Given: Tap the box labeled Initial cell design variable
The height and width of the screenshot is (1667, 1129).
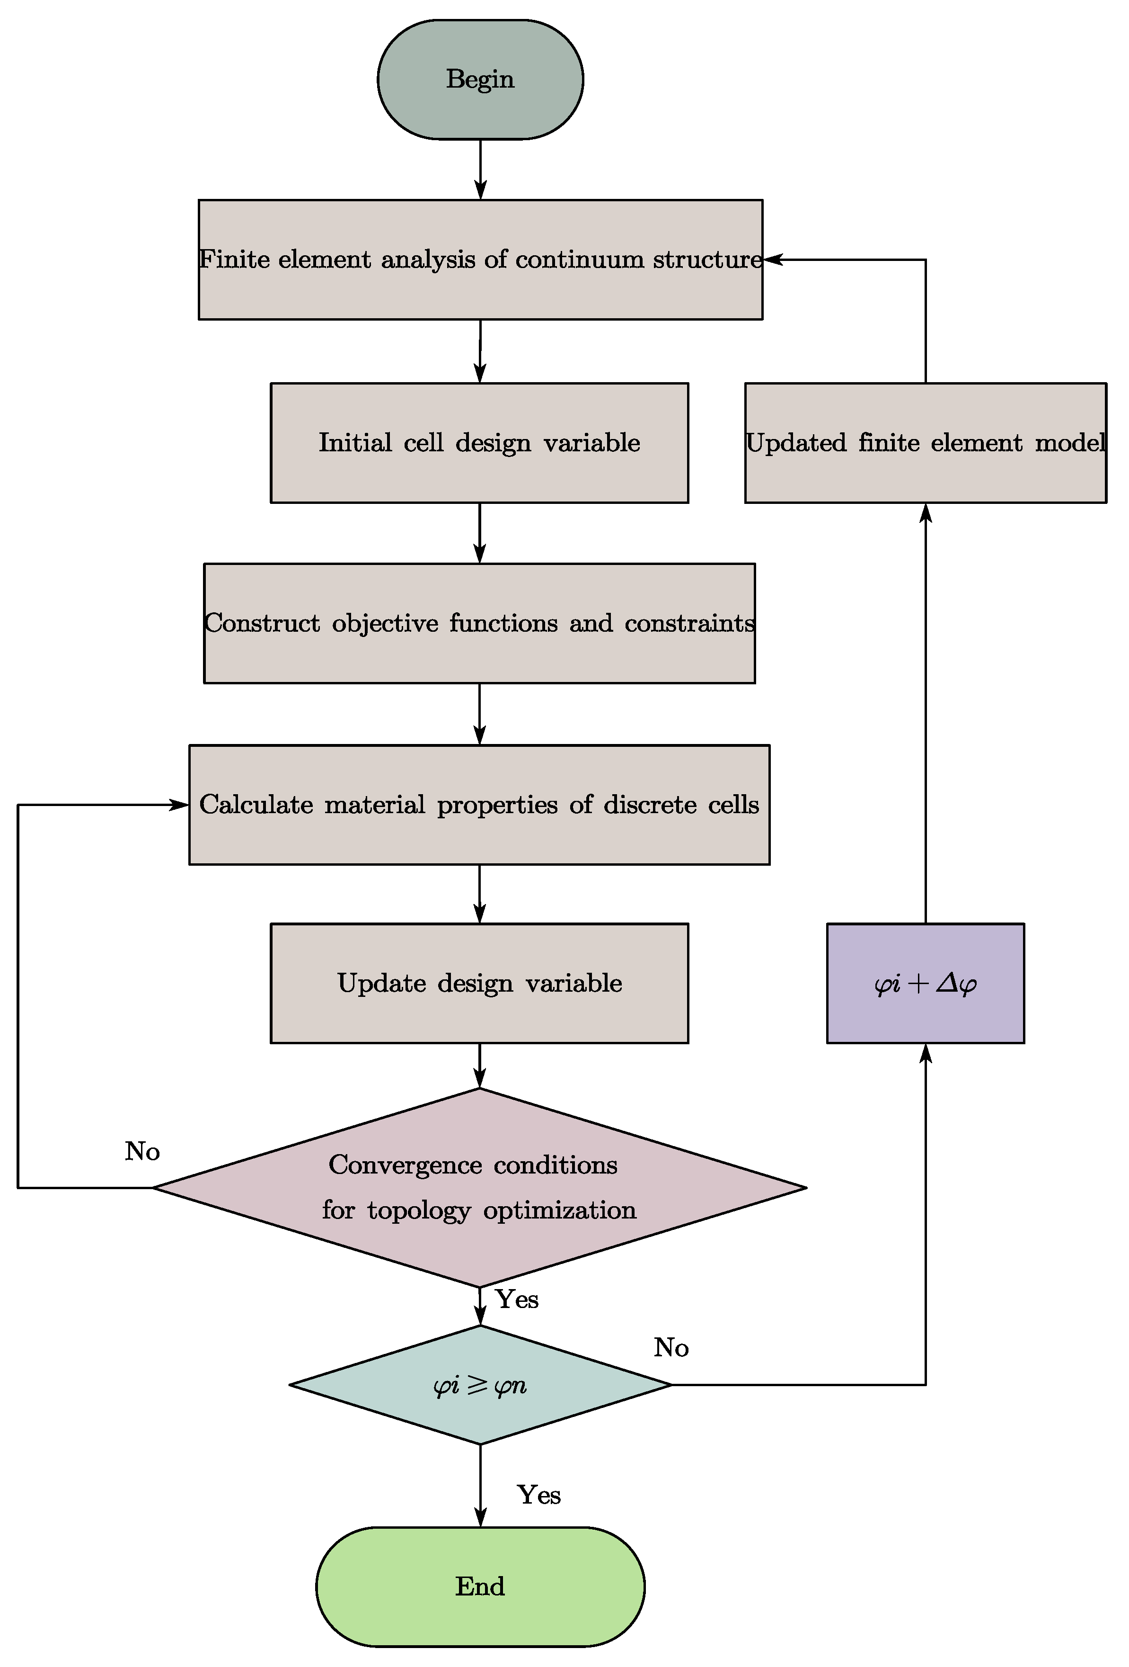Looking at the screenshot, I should tap(479, 443).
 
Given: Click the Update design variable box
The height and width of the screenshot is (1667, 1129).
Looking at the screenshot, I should tap(479, 983).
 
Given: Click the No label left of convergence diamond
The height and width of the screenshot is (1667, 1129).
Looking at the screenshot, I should tap(142, 1151).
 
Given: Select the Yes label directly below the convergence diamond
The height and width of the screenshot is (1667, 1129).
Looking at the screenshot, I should tap(517, 1299).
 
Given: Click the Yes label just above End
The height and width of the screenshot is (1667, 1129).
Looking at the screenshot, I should tap(538, 1495).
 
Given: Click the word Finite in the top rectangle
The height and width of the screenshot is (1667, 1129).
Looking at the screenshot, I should tap(234, 259).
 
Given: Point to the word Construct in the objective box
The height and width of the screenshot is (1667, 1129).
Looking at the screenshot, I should tap(262, 623).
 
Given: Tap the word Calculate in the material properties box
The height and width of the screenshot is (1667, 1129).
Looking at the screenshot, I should tap(256, 804).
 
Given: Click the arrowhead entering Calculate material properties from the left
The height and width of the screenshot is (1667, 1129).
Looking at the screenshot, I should tap(179, 805).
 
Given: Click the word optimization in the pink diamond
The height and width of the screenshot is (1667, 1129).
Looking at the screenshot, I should tap(559, 1210).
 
